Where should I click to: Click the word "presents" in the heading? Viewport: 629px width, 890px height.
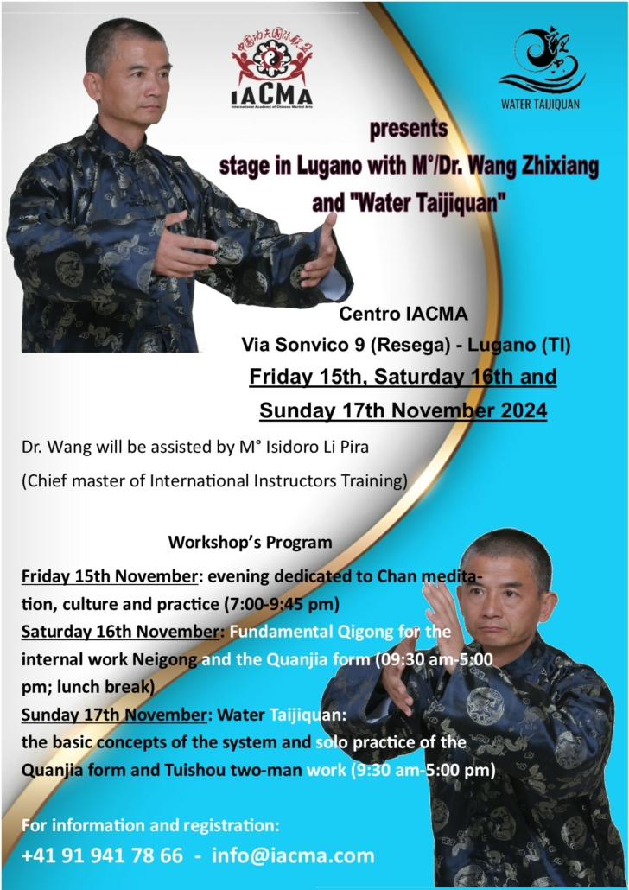click(x=408, y=128)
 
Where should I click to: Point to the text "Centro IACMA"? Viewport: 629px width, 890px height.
click(x=403, y=314)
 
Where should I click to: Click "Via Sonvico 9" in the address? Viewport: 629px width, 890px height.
click(x=303, y=345)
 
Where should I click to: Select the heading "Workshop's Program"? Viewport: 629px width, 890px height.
click(x=250, y=542)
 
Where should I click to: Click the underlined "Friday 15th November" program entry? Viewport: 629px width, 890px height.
click(x=110, y=576)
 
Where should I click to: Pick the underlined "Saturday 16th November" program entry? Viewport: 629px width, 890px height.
click(x=120, y=631)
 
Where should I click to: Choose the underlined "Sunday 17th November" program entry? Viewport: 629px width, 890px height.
click(x=114, y=714)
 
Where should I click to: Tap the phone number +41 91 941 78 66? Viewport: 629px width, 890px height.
click(x=102, y=855)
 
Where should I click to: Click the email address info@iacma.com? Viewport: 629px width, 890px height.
click(x=293, y=855)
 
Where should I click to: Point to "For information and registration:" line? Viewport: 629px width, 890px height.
click(x=150, y=824)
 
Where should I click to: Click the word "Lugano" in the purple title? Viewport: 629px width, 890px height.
click(x=329, y=166)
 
